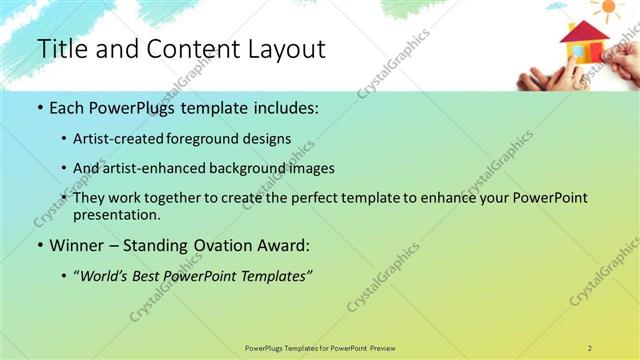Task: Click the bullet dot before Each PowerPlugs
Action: [x=39, y=106]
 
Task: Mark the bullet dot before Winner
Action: [x=39, y=245]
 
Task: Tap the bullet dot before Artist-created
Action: [x=64, y=138]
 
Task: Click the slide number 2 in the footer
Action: [x=589, y=347]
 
